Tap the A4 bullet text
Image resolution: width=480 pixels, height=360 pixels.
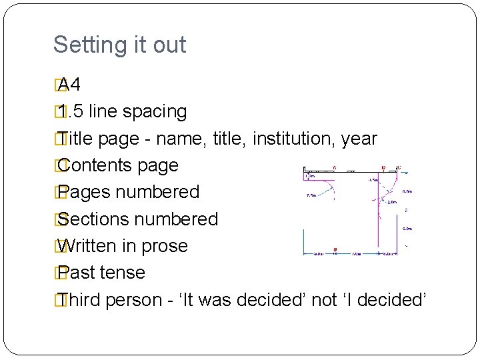tap(69, 85)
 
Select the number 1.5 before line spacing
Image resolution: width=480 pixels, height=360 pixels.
tap(71, 111)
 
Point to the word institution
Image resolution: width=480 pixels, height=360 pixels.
tap(294, 139)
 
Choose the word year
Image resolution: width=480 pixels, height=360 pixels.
tap(359, 139)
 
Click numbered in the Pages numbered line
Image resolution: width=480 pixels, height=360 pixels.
tap(157, 192)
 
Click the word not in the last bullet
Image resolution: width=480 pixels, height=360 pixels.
tap(324, 300)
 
